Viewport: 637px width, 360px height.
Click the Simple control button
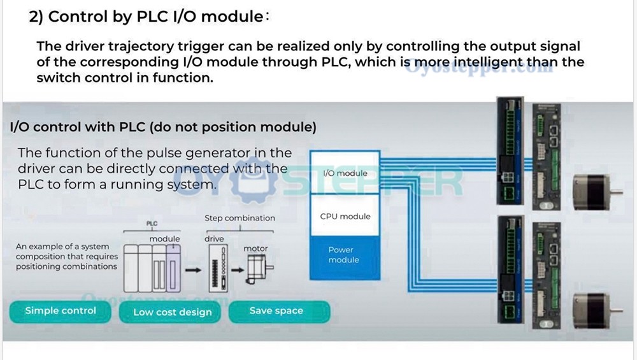(x=61, y=311)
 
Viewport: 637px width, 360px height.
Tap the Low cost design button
(x=172, y=312)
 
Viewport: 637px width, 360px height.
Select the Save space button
(x=276, y=311)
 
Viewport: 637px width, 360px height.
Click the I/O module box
(x=345, y=173)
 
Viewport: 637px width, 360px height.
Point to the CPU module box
(x=345, y=216)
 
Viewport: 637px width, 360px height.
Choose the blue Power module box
(x=344, y=255)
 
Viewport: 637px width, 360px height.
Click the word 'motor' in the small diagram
(x=256, y=248)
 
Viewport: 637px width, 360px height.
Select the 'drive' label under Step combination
(x=215, y=239)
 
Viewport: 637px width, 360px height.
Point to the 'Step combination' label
(x=240, y=218)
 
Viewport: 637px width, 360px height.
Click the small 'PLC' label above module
(x=152, y=224)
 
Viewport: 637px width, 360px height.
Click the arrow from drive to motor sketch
(x=238, y=270)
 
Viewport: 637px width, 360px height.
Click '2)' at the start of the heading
(x=36, y=17)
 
